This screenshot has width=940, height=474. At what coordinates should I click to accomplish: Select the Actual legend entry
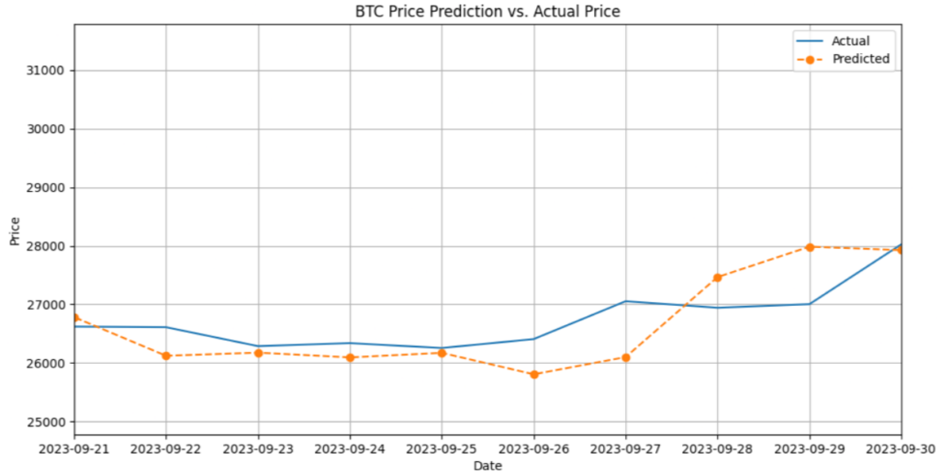point(850,40)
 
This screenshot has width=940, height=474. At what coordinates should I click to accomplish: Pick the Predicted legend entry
point(860,59)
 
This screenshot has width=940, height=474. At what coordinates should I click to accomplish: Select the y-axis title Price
point(15,230)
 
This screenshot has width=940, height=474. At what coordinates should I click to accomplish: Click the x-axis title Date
point(487,466)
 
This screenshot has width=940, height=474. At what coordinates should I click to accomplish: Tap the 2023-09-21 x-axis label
point(74,449)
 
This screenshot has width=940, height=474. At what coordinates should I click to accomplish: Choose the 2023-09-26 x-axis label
point(533,449)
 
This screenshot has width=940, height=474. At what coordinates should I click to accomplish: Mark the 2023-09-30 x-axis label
point(900,449)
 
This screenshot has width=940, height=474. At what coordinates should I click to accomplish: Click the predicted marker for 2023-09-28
point(718,277)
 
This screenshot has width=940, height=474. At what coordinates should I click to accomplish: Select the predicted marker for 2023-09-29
point(810,247)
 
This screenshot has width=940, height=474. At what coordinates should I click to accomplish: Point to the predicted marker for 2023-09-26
point(534,375)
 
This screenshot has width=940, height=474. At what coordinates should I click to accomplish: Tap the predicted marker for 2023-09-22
point(166,355)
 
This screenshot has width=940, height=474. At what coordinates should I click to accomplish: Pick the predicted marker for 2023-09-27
point(626,357)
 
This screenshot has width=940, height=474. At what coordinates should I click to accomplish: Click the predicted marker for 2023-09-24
point(350,357)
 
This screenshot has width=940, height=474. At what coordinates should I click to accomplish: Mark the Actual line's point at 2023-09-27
point(626,301)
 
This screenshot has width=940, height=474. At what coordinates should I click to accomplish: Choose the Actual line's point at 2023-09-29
point(810,304)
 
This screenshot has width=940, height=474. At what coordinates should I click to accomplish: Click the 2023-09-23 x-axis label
point(258,449)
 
